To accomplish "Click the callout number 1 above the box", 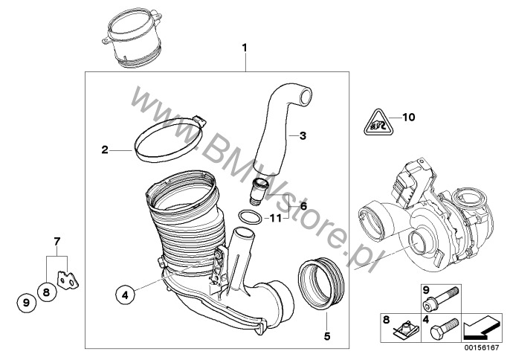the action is [245, 48].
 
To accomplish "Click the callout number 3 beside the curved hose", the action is [303, 135].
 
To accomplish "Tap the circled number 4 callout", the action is [125, 295].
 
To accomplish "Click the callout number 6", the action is [303, 206].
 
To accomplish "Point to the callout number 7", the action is [57, 242].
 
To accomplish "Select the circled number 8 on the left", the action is [46, 292].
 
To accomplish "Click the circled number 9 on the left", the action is [27, 303].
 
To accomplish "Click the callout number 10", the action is [409, 117].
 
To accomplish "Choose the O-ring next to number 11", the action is [250, 216].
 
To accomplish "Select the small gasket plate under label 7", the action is [68, 280].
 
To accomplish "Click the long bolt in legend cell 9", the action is [441, 298].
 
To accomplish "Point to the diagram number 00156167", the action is [482, 348].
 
